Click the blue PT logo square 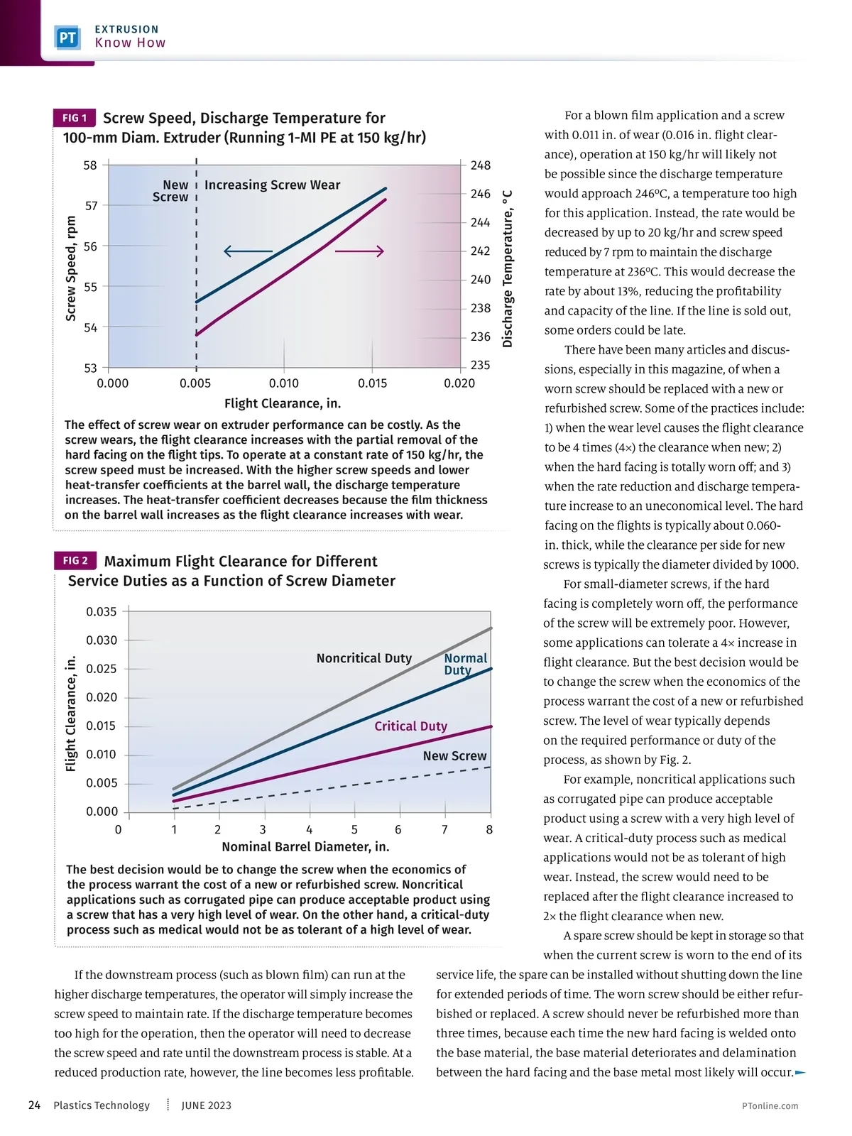pyautogui.click(x=67, y=38)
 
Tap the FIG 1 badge pyautogui.click(x=74, y=118)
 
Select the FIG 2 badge pyautogui.click(x=75, y=561)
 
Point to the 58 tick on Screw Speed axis pyautogui.click(x=90, y=165)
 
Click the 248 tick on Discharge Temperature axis pyautogui.click(x=481, y=165)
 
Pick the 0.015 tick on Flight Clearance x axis pyautogui.click(x=373, y=383)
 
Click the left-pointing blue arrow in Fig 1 pyautogui.click(x=248, y=251)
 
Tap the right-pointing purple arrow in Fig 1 pyautogui.click(x=359, y=251)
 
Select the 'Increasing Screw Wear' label pyautogui.click(x=272, y=185)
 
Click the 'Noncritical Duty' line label pyautogui.click(x=364, y=658)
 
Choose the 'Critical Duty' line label pyautogui.click(x=410, y=726)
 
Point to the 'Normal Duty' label pyautogui.click(x=465, y=664)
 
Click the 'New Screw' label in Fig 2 pyautogui.click(x=454, y=756)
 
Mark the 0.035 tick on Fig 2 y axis pyautogui.click(x=102, y=612)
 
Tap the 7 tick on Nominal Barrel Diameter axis pyautogui.click(x=444, y=829)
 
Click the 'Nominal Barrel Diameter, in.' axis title pyautogui.click(x=305, y=847)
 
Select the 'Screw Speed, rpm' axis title pyautogui.click(x=71, y=268)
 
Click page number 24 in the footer pyautogui.click(x=34, y=1105)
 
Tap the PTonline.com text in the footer pyautogui.click(x=770, y=1105)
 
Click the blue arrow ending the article pyautogui.click(x=801, y=1072)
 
